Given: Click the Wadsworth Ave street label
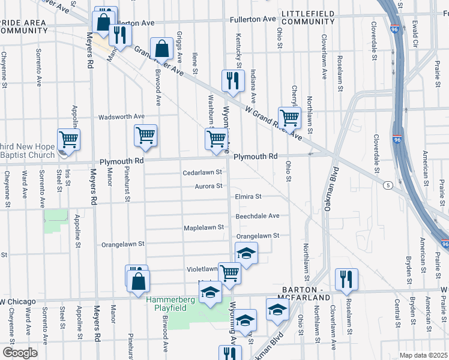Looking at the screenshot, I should [x=122, y=116].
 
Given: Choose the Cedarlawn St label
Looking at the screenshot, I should [x=202, y=173].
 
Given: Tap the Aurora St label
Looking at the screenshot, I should [x=208, y=187].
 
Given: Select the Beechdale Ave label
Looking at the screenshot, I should [x=258, y=215].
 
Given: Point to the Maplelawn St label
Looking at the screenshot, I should [x=203, y=228].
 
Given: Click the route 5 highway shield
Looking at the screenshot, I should [x=389, y=185].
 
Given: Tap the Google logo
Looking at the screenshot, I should [x=20, y=353].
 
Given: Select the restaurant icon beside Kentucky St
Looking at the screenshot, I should [x=232, y=81].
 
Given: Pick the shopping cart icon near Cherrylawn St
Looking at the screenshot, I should [x=289, y=118].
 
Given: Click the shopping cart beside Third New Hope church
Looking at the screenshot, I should [x=69, y=139].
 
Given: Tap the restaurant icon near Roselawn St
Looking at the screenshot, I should [x=346, y=278].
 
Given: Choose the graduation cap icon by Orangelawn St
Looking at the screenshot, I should [x=246, y=253].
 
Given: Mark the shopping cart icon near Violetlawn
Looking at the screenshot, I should [x=229, y=273].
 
